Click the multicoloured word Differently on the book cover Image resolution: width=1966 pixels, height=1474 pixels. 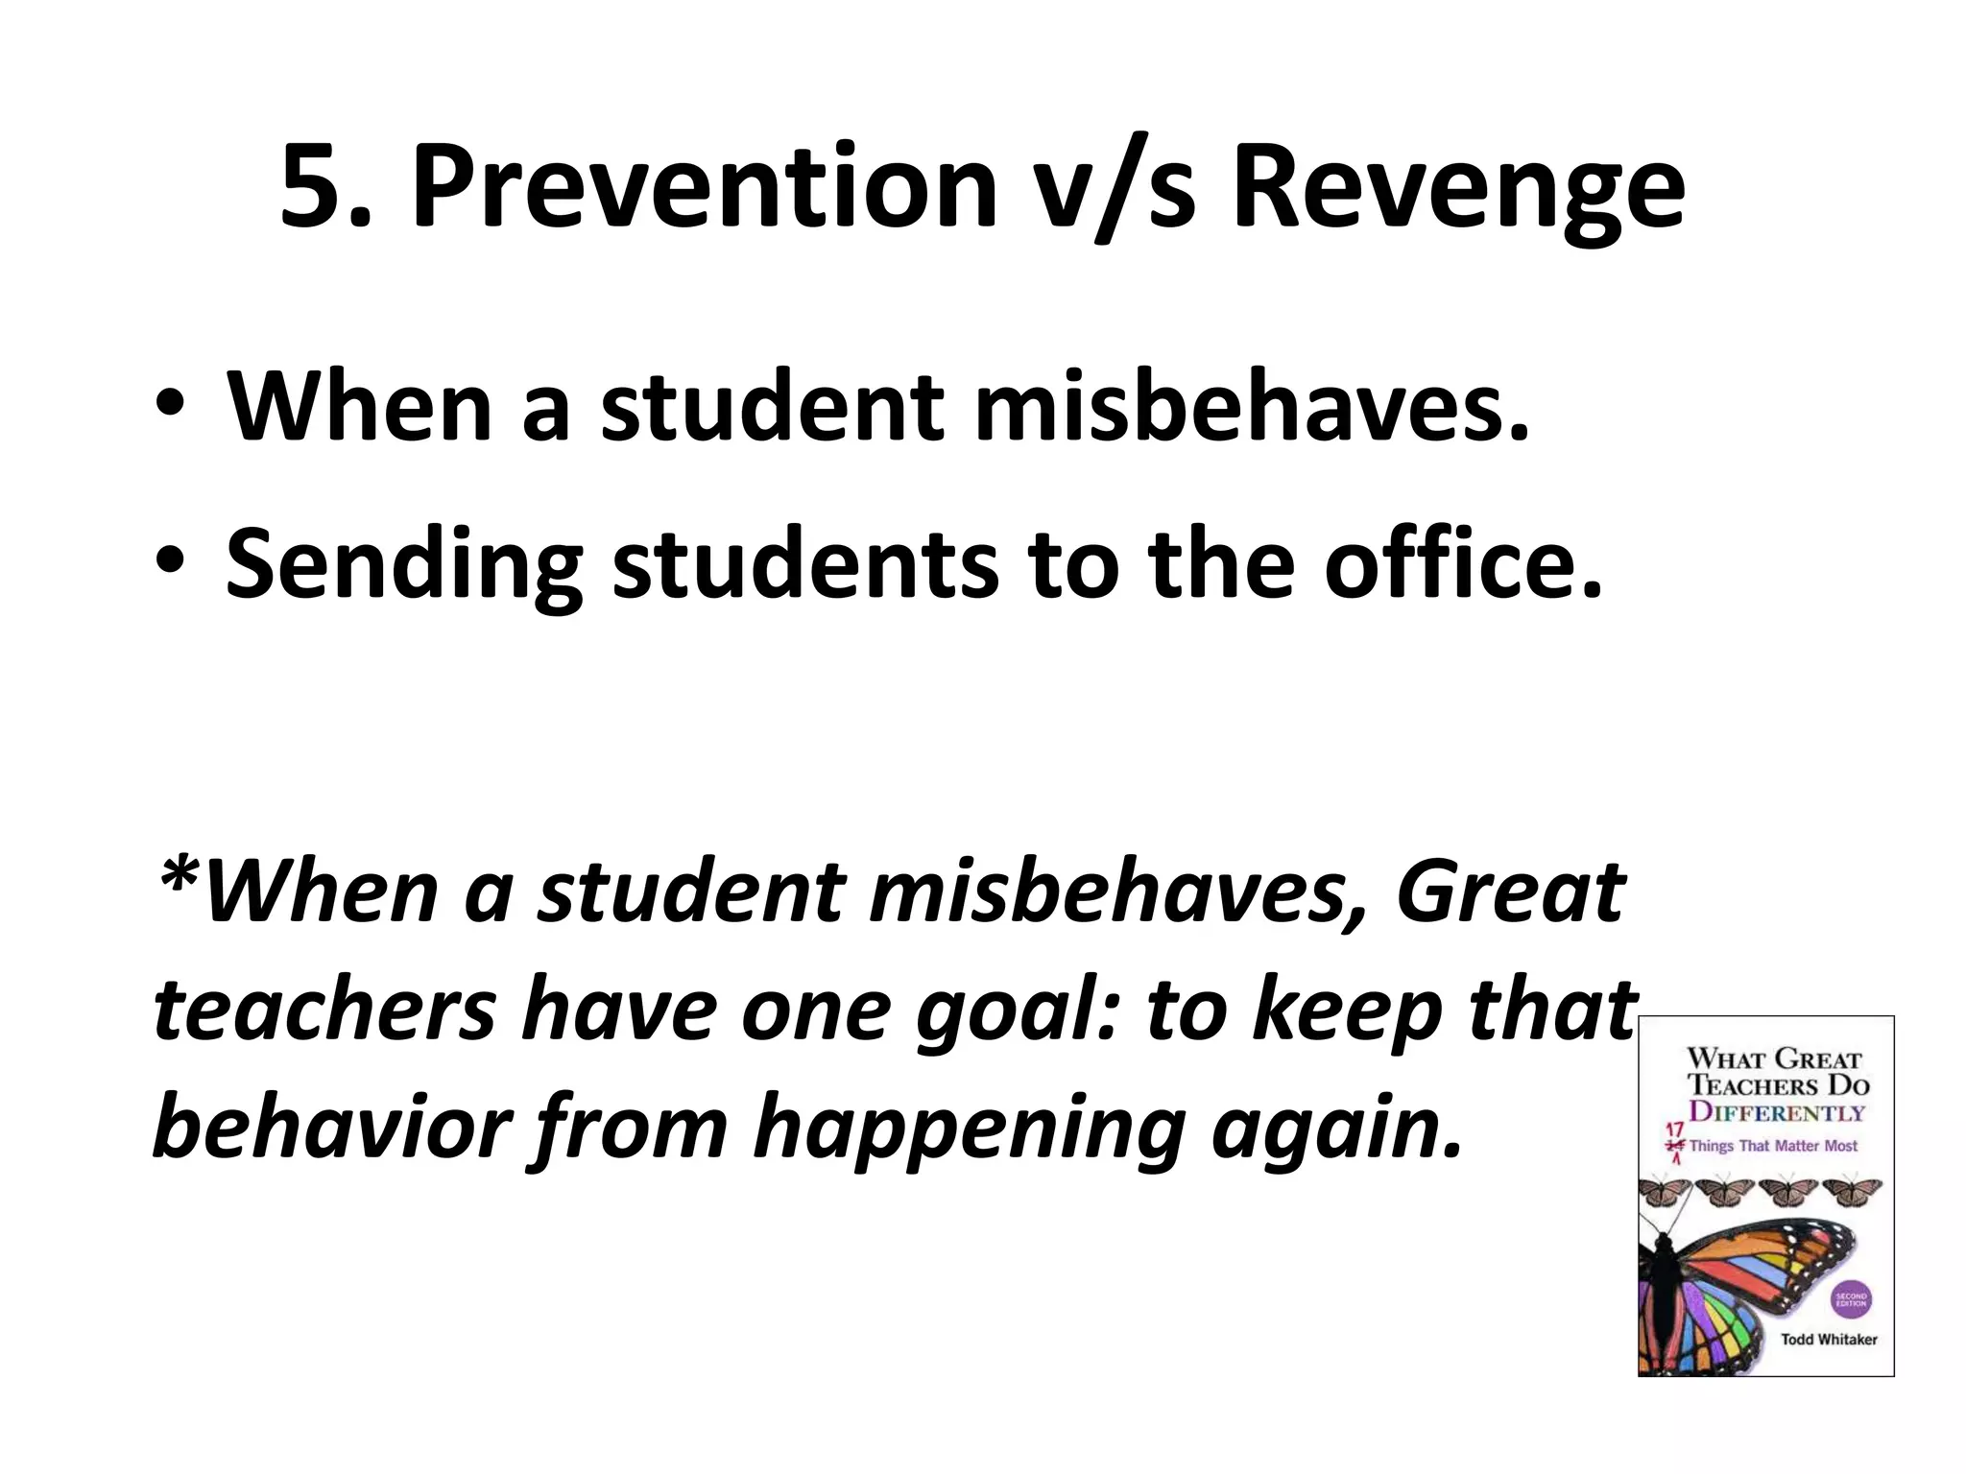tap(1776, 1113)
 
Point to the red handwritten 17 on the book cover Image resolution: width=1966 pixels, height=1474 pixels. tap(1676, 1130)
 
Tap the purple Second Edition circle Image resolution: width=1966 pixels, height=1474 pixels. tap(1851, 1299)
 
